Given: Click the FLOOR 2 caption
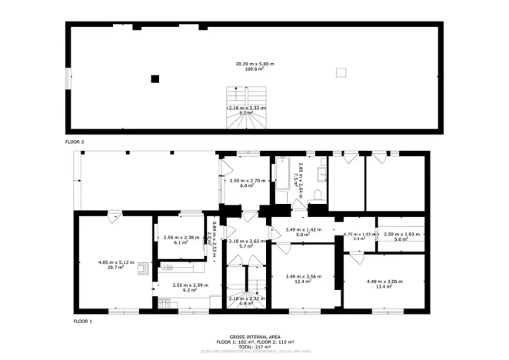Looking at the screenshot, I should click(x=75, y=142).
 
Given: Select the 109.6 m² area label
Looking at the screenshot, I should click(x=254, y=68).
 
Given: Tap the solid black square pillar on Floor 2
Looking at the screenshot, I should click(x=155, y=78).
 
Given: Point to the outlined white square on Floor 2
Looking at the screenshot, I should click(x=341, y=72).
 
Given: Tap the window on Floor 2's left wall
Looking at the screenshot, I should click(x=68, y=78).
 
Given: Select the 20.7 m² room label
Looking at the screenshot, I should click(x=116, y=266).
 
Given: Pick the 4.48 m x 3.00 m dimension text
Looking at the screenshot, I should click(x=384, y=281).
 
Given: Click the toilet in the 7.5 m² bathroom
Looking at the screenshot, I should click(x=317, y=198).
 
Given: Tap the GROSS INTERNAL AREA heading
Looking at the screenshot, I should click(x=254, y=336).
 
